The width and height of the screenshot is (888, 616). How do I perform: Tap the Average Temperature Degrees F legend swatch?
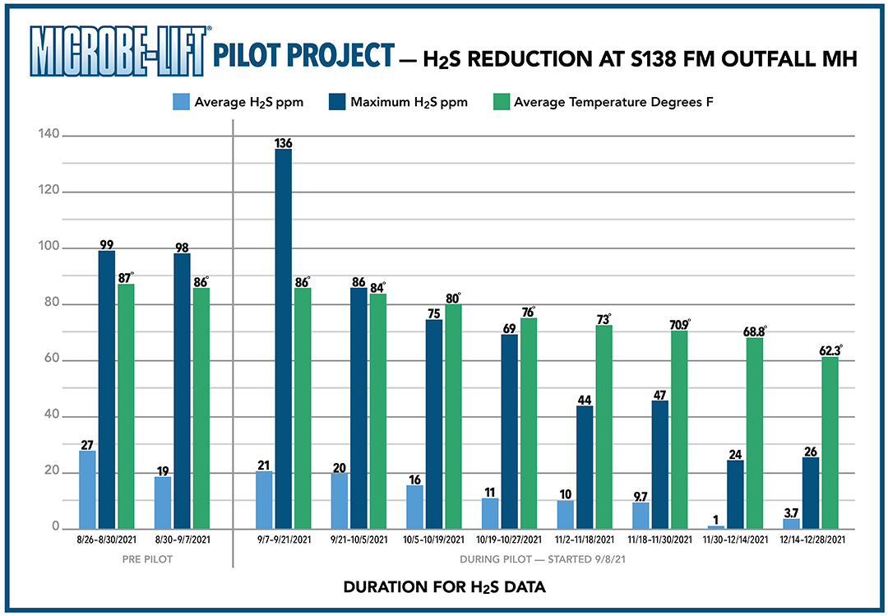click(x=500, y=103)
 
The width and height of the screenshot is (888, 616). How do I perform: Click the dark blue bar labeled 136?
click(x=283, y=338)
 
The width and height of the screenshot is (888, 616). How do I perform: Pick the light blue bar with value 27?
click(x=87, y=489)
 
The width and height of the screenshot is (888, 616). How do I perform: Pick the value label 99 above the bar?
click(x=107, y=243)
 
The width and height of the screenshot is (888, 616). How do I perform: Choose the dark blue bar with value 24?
click(x=736, y=493)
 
